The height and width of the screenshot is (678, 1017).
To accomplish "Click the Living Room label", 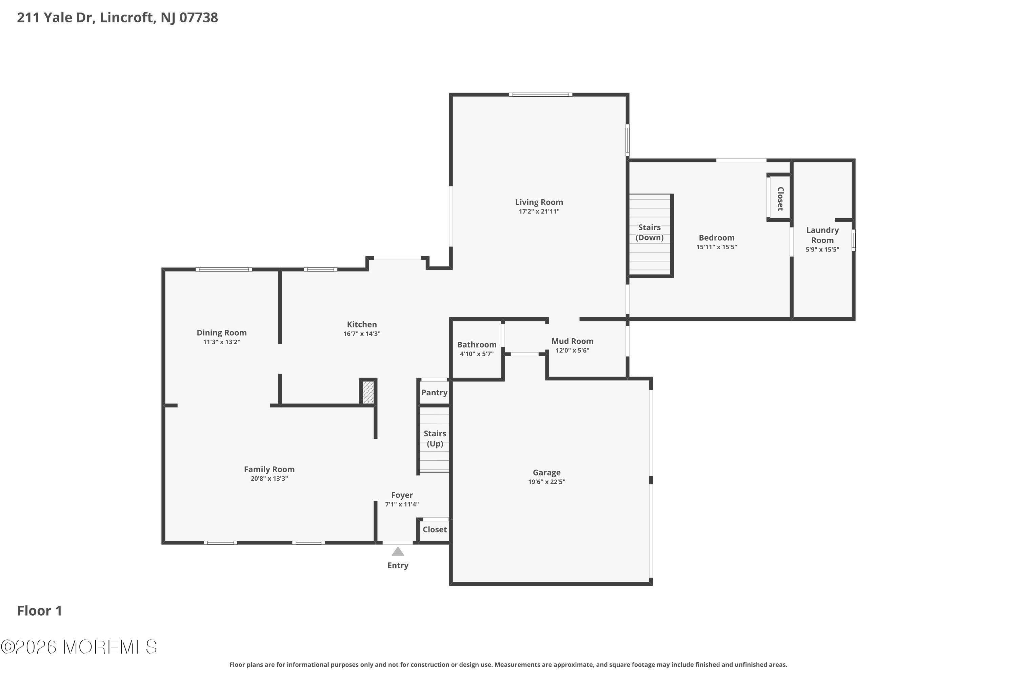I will click(539, 202).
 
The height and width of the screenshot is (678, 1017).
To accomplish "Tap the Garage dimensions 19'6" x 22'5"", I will click(546, 482).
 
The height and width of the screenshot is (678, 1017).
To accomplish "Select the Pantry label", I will click(434, 393).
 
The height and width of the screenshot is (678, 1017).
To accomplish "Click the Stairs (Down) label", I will click(650, 232).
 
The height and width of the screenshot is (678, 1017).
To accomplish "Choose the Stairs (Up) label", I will click(435, 438).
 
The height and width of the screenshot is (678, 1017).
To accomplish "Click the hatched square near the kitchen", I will click(368, 392).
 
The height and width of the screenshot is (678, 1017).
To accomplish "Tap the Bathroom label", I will click(477, 345).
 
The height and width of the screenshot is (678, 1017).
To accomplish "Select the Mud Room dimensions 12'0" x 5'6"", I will click(572, 351).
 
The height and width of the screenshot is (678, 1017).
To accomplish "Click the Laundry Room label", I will click(822, 235).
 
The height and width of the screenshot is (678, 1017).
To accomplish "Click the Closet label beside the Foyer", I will click(435, 530).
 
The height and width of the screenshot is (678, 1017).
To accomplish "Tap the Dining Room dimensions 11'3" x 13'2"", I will click(221, 342).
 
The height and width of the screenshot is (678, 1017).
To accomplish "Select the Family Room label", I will click(269, 469).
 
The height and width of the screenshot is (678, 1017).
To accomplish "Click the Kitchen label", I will click(361, 324).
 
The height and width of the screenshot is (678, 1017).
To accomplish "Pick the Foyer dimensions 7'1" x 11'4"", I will click(402, 504).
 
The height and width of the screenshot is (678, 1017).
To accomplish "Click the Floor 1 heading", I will click(39, 611).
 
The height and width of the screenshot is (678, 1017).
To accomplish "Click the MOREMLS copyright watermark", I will click(79, 647).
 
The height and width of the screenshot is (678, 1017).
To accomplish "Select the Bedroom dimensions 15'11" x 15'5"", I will click(717, 247).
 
